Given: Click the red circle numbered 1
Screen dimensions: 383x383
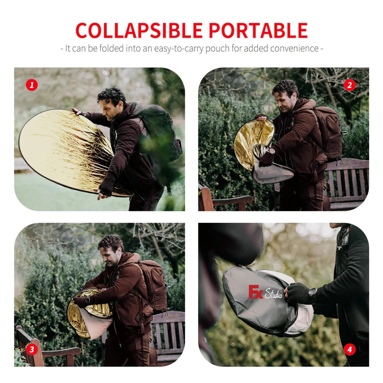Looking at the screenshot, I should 32,85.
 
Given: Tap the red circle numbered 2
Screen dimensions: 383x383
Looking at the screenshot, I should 349,85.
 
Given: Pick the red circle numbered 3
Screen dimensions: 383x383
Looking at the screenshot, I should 32,349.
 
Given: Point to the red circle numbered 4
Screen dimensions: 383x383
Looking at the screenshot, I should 349,349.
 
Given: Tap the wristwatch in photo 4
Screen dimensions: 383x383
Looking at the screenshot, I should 313,293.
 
